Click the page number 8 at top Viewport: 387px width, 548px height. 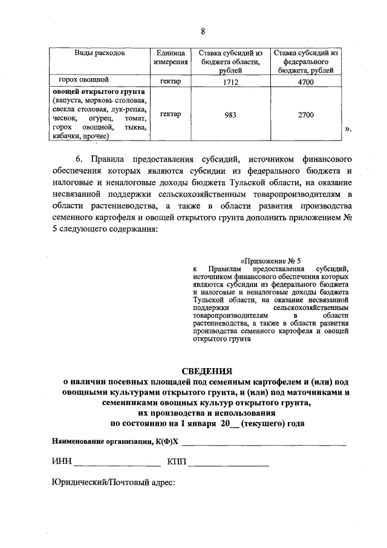pyautogui.click(x=203, y=31)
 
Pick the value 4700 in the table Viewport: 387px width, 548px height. pyautogui.click(x=306, y=82)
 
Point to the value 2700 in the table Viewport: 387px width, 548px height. pyautogui.click(x=306, y=114)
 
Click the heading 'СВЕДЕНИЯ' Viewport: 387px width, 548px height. pyautogui.click(x=207, y=371)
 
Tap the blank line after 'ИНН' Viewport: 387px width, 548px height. pyautogui.click(x=117, y=464)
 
